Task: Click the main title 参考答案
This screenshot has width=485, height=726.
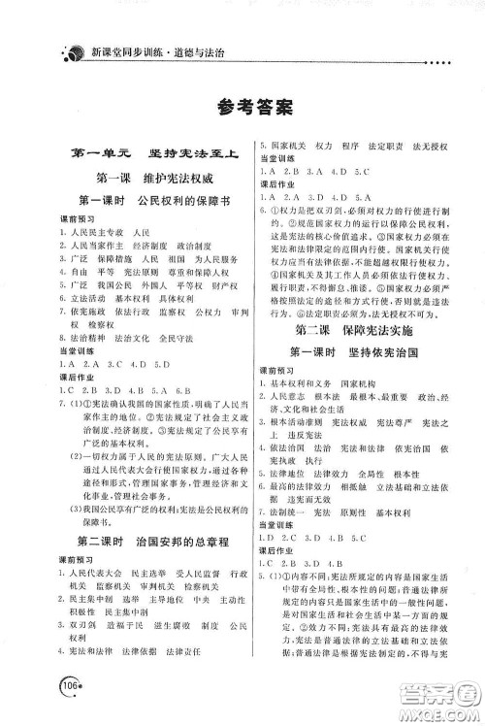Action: coord(242,106)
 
